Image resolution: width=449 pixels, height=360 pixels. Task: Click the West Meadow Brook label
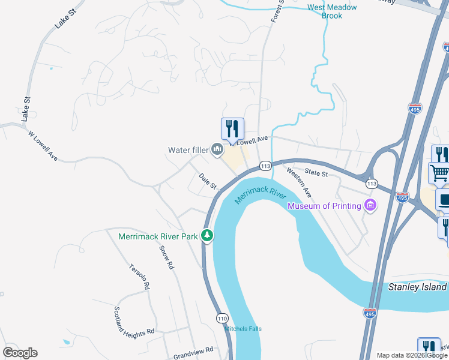pyautogui.click(x=332, y=11)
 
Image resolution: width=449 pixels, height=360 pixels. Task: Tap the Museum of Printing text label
pyautogui.click(x=324, y=206)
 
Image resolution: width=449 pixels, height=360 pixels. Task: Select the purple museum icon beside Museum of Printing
pyautogui.click(x=371, y=206)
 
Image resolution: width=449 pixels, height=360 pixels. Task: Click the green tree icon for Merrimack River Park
pyautogui.click(x=207, y=236)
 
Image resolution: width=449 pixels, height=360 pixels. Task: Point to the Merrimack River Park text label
pyautogui.click(x=158, y=236)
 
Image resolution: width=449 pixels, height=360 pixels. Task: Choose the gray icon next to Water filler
pyautogui.click(x=217, y=149)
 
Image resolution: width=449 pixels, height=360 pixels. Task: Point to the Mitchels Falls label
pyautogui.click(x=243, y=329)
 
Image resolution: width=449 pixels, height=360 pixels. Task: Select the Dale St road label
pyautogui.click(x=207, y=181)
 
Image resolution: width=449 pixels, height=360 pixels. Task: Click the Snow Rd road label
pyautogui.click(x=166, y=257)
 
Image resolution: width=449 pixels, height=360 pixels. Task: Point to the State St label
pyautogui.click(x=316, y=173)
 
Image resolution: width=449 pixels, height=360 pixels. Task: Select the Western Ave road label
pyautogui.click(x=299, y=183)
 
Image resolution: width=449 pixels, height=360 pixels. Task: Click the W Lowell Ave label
pyautogui.click(x=43, y=146)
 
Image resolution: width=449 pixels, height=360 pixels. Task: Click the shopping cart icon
pyautogui.click(x=439, y=173)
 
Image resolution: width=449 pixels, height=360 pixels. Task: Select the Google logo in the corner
pyautogui.click(x=20, y=352)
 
